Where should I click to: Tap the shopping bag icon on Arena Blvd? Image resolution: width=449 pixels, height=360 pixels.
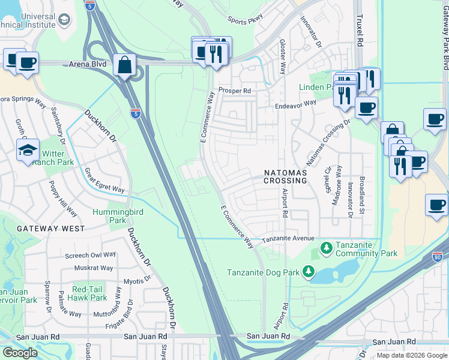(124, 65)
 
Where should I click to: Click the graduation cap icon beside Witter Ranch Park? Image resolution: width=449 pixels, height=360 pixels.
(28, 151)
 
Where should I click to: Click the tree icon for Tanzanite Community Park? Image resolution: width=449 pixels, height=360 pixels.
(326, 247)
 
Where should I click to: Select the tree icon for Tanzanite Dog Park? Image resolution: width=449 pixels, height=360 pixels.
(308, 272)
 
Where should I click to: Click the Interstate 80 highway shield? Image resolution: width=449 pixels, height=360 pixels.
(437, 257)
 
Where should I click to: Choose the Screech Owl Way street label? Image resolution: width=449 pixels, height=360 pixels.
(90, 256)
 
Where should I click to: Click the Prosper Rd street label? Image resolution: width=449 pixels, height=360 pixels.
(234, 91)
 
